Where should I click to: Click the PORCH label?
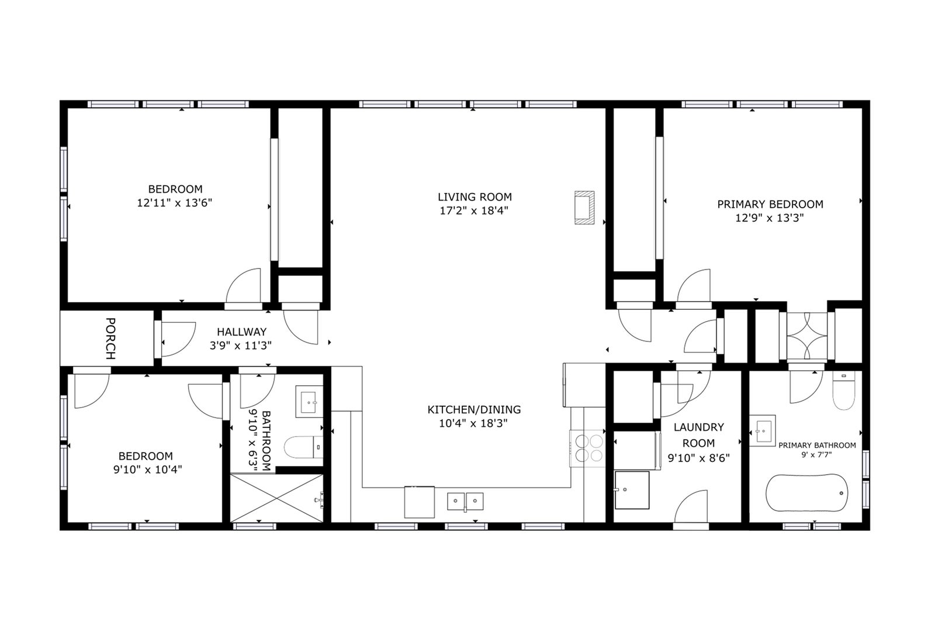110,339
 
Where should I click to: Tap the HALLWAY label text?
241,332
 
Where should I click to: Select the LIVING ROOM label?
475,196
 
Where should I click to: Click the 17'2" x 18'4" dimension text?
474,210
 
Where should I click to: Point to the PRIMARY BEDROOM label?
770,204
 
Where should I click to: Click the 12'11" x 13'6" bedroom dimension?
175,203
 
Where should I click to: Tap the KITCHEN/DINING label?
474,410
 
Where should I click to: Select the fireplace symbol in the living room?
584,208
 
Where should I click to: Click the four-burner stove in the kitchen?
587,448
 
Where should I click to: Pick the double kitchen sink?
465,502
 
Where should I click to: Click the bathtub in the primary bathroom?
807,493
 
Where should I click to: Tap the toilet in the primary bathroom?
844,391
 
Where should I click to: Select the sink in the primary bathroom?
762,430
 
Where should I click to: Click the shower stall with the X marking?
277,498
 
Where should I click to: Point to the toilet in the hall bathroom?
303,447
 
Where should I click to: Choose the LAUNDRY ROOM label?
699,435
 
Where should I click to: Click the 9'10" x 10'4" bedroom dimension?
147,469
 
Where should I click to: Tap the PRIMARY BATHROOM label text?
817,446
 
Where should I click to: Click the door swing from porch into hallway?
179,339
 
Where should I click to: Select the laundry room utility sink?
632,490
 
